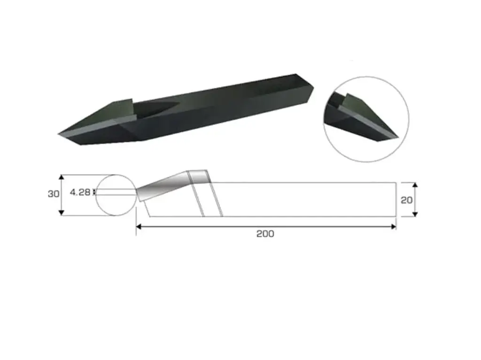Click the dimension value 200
(265, 234)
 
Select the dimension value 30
(54, 194)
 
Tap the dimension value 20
(407, 200)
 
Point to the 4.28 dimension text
(80, 192)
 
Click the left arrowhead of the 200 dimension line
(139, 227)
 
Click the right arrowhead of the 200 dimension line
(393, 227)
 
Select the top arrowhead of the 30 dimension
(61, 177)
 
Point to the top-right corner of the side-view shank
(396, 183)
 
